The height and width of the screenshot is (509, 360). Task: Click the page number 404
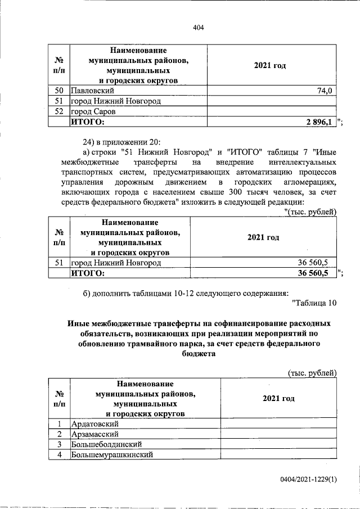pyautogui.click(x=197, y=28)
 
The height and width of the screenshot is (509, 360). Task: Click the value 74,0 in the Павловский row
pyautogui.click(x=326, y=91)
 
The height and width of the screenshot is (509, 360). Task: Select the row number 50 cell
pyautogui.click(x=58, y=91)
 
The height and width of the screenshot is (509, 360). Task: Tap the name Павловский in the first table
pyautogui.click(x=93, y=91)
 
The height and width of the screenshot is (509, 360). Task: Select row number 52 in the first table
pyautogui.click(x=58, y=111)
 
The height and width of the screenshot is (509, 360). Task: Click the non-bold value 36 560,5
pyautogui.click(x=313, y=263)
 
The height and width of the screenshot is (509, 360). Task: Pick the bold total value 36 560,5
pyautogui.click(x=312, y=273)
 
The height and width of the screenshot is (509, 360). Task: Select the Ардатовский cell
pyautogui.click(x=96, y=424)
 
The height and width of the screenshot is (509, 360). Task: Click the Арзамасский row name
pyautogui.click(x=95, y=434)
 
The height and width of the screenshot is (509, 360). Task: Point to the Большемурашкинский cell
pyautogui.click(x=111, y=454)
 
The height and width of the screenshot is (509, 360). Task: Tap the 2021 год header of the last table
pyautogui.click(x=278, y=398)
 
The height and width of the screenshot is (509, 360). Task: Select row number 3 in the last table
pyautogui.click(x=58, y=444)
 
